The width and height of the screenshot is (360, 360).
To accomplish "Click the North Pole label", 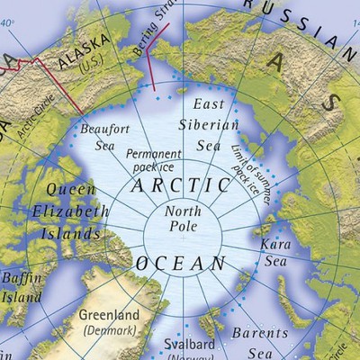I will coord(183,219).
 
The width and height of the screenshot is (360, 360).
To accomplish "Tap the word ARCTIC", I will coord(180,186).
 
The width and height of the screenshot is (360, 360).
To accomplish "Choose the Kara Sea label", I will coord(274,252).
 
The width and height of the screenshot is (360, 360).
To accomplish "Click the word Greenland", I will coord(109,316).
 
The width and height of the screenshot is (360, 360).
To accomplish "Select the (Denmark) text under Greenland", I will coord(109,331).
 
